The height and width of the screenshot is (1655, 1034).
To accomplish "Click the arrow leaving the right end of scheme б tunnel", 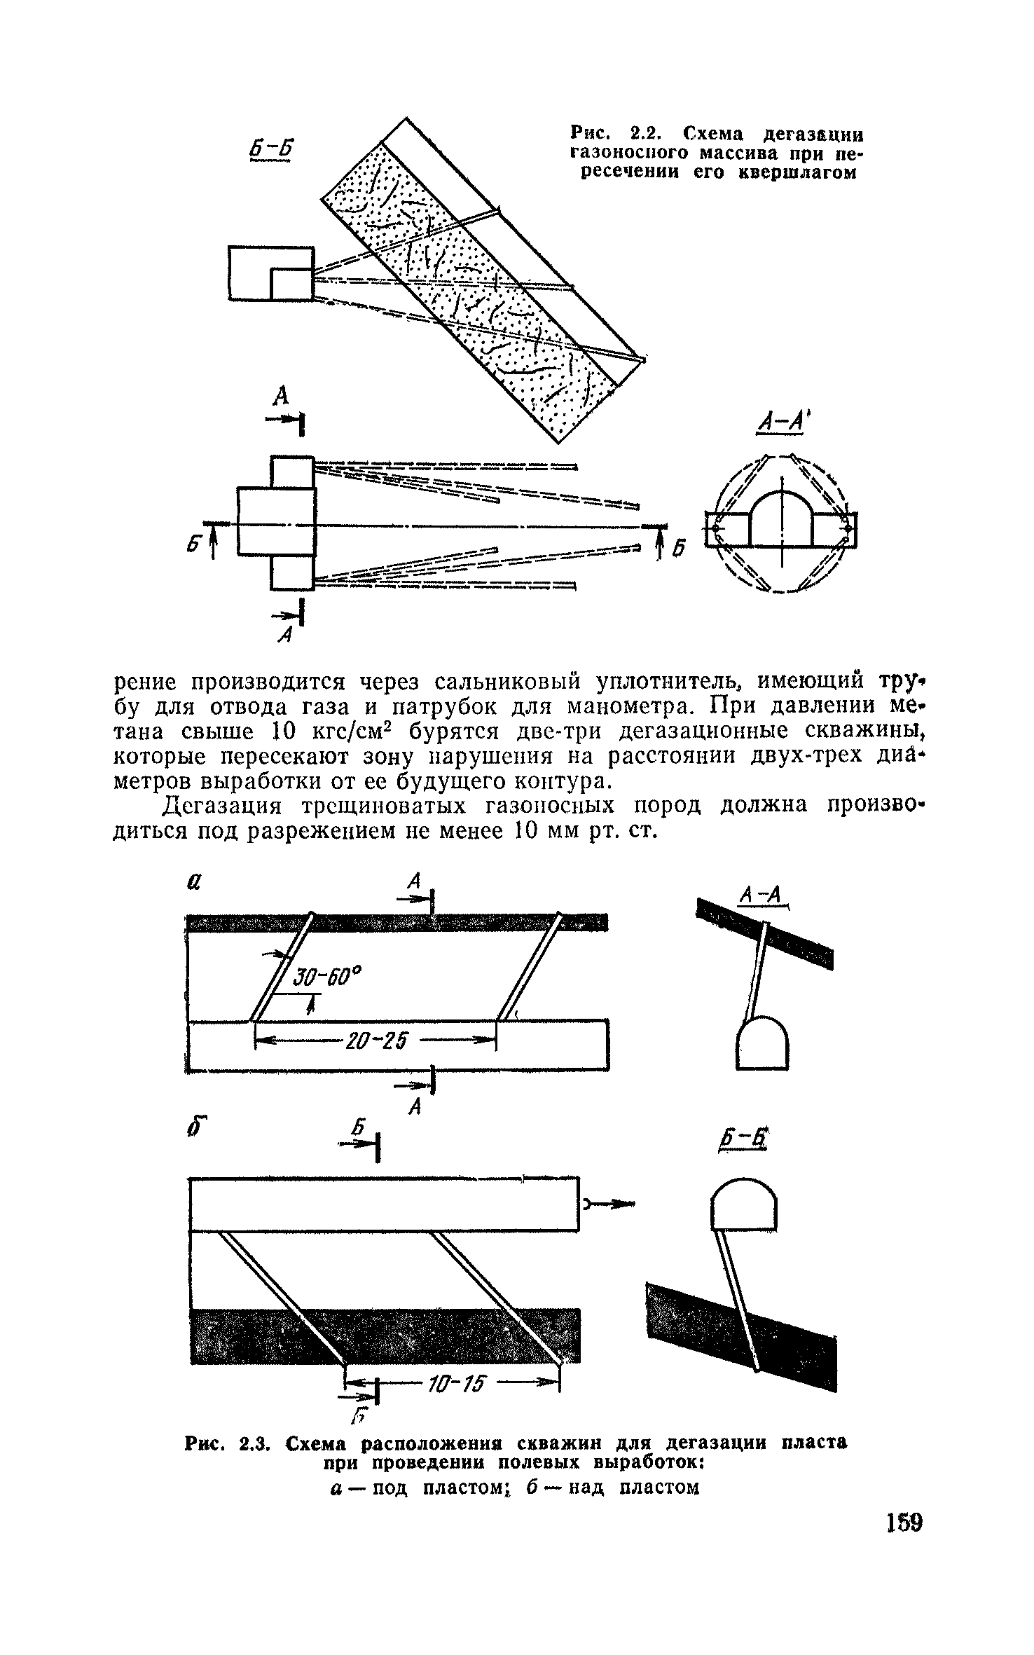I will (x=611, y=1204).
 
